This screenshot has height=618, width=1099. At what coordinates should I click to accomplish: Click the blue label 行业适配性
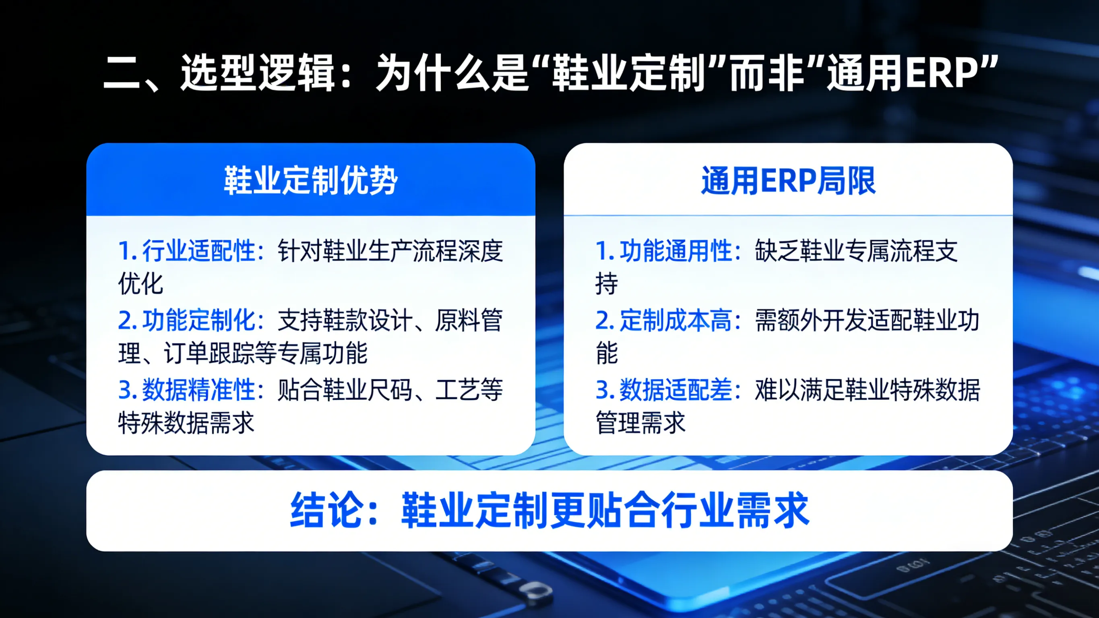198,250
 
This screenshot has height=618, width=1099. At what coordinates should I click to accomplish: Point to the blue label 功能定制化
198,320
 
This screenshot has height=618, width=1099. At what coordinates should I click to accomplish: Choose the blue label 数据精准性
198,390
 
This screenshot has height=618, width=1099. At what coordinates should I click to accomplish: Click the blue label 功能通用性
676,250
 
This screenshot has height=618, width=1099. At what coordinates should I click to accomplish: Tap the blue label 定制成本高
676,320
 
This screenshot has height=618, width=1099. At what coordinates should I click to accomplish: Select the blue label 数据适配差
676,390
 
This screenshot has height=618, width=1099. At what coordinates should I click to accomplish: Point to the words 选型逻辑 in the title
258,73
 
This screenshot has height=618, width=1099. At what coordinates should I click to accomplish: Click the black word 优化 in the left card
140,284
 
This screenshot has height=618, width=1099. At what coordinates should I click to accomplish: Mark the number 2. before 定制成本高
605,320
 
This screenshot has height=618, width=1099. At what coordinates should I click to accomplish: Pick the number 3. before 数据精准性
127,390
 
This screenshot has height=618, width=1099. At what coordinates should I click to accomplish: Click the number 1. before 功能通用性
605,250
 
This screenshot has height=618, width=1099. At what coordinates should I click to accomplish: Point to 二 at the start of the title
122,73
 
